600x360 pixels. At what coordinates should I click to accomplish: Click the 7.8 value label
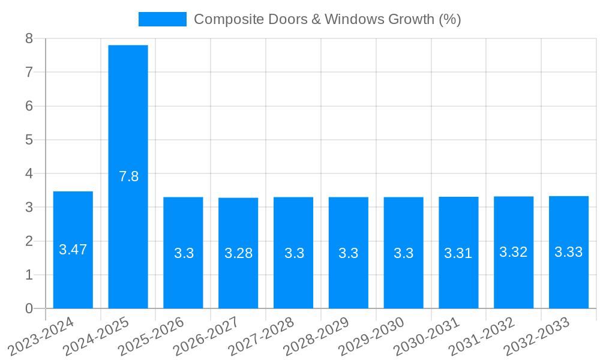pyautogui.click(x=128, y=176)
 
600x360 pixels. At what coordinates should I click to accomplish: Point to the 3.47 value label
pyautogui.click(x=73, y=250)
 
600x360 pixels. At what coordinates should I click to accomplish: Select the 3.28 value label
pyautogui.click(x=238, y=253)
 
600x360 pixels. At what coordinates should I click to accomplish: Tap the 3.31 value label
pyautogui.click(x=458, y=253)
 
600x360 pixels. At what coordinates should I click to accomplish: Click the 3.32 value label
pyautogui.click(x=514, y=252)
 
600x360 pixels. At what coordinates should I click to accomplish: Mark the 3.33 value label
pyautogui.click(x=569, y=252)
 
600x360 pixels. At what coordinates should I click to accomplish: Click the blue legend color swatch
pyautogui.click(x=162, y=19)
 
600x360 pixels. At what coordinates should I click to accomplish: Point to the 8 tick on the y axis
pyautogui.click(x=29, y=38)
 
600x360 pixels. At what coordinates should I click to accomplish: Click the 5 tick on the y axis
pyautogui.click(x=29, y=140)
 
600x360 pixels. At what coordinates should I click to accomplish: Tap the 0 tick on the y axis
pyautogui.click(x=29, y=308)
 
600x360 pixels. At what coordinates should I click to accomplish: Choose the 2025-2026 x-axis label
pyautogui.click(x=152, y=337)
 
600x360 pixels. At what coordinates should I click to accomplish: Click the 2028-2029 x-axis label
pyautogui.click(x=317, y=337)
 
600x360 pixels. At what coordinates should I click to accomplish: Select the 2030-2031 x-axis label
pyautogui.click(x=427, y=337)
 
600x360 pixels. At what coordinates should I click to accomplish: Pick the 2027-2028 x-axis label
pyautogui.click(x=262, y=337)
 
